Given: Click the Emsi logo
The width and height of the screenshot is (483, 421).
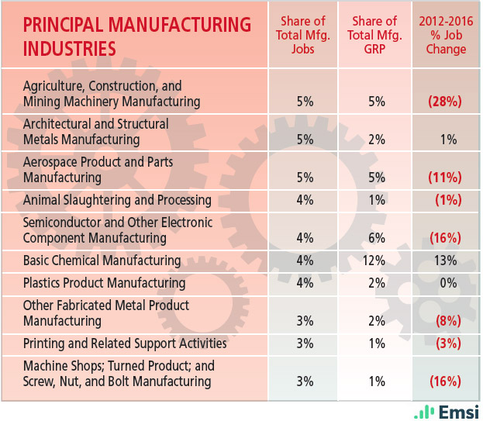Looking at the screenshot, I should [x=447, y=411].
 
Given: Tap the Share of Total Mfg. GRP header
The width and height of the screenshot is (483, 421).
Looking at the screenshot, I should [x=374, y=36].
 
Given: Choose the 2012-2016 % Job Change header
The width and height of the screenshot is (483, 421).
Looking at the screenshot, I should [x=446, y=36].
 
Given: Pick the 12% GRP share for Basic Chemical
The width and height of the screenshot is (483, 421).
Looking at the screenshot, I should [x=374, y=261].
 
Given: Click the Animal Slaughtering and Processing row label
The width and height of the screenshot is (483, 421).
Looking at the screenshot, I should [x=117, y=200].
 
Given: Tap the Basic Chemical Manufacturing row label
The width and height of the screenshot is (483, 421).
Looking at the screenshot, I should [x=102, y=261].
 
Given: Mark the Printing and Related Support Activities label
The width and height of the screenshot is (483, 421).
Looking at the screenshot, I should [x=125, y=343].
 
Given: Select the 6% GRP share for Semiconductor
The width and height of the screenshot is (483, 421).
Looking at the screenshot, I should [x=374, y=238].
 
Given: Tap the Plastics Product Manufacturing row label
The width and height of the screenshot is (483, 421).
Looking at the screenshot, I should [x=105, y=283].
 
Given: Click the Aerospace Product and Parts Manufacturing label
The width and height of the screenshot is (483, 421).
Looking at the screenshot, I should [x=98, y=169].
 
